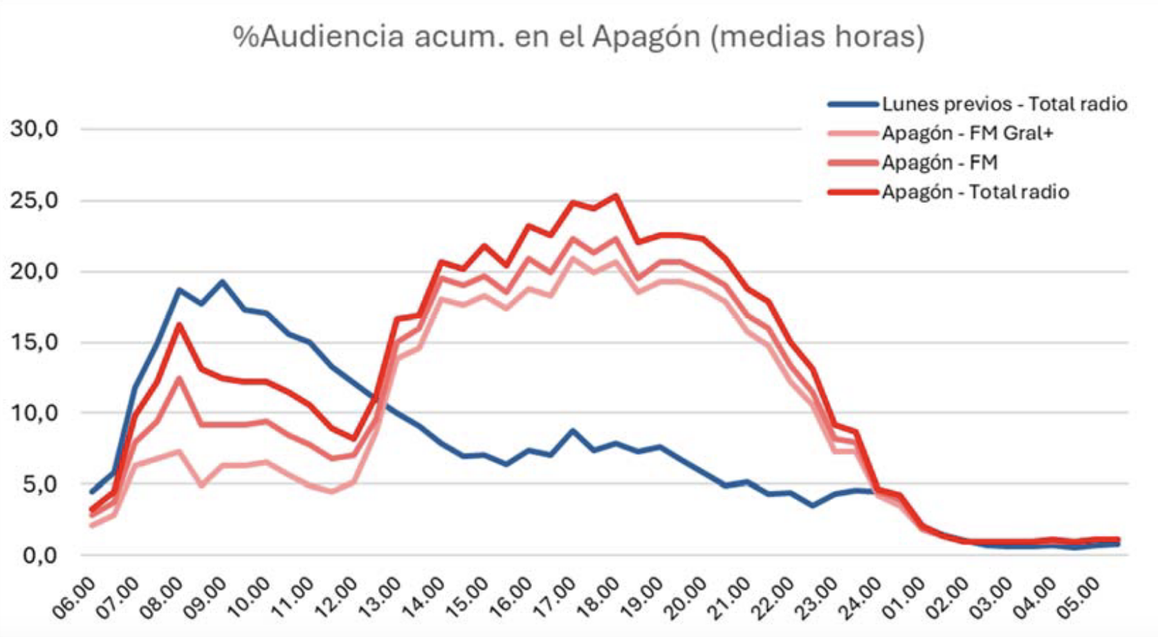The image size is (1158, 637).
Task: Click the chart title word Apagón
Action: tap(646, 36)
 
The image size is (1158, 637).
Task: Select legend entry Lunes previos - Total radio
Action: tap(1004, 105)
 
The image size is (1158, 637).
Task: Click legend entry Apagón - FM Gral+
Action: tap(966, 133)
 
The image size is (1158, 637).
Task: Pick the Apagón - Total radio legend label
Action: tap(975, 192)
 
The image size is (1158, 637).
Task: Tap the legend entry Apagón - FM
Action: tap(939, 163)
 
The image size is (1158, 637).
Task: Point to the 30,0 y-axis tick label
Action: tap(33, 129)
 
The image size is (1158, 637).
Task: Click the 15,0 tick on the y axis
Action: tap(33, 342)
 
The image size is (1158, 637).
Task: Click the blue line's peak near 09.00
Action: tap(222, 281)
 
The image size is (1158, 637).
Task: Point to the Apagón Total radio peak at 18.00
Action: tap(616, 195)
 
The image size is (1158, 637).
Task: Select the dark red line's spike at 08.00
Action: tap(178, 324)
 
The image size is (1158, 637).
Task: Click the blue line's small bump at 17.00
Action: tap(572, 431)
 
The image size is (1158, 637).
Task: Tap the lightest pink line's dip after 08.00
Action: tap(201, 486)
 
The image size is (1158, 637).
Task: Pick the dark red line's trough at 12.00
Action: tap(353, 439)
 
